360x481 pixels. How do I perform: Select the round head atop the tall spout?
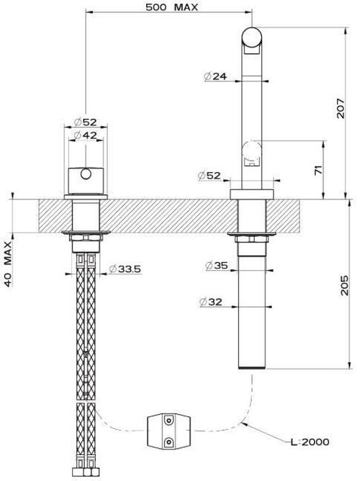(x=252, y=37)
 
